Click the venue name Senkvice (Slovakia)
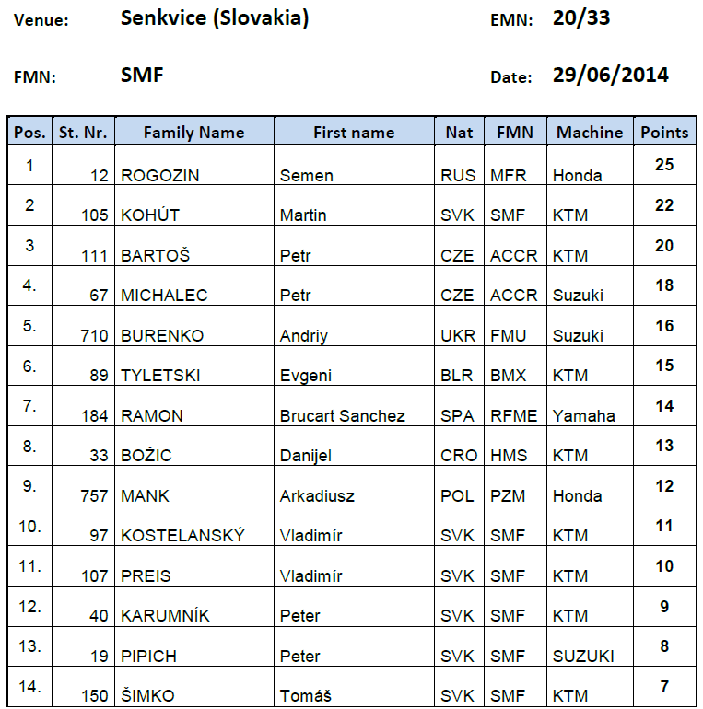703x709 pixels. coord(214,19)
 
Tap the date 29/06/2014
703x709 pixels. coord(610,76)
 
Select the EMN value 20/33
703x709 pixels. coord(581,18)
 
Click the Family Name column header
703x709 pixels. coord(193,133)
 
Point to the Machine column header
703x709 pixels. coord(590,133)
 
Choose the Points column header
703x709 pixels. coord(664,133)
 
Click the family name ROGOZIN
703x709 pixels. coord(160,176)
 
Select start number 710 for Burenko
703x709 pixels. coord(95,336)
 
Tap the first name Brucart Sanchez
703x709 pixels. coord(343,416)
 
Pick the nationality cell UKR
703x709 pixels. coord(459,336)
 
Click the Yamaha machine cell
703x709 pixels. coord(584,416)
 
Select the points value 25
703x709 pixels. coord(664,166)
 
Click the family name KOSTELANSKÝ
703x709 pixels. coord(182,536)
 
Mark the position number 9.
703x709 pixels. coord(29,486)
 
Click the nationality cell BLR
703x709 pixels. coord(459,376)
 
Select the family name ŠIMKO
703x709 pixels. coord(147,696)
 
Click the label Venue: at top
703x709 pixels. coord(41,20)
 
